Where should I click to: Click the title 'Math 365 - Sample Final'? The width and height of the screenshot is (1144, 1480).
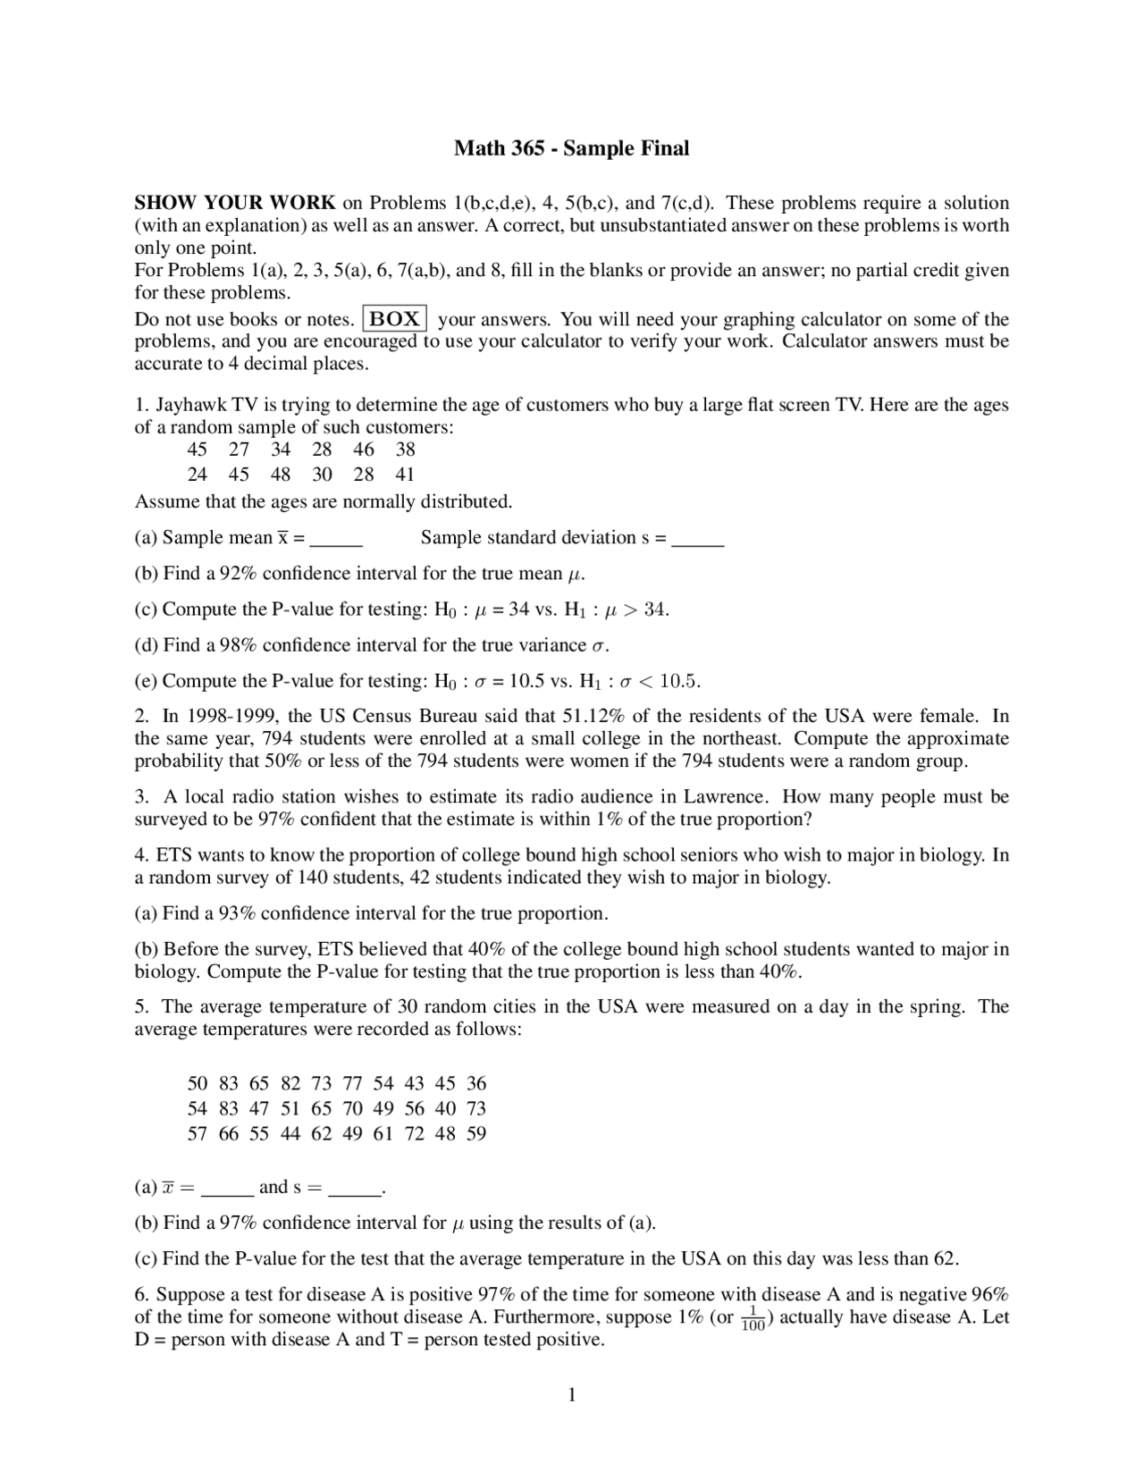[x=571, y=148]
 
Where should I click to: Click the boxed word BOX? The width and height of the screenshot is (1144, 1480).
[x=395, y=319]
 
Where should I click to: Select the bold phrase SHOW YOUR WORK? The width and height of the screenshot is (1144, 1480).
[x=235, y=203]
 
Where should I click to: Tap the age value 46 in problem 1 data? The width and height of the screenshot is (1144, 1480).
[x=364, y=450]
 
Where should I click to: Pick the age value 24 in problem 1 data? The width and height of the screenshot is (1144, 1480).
[x=198, y=475]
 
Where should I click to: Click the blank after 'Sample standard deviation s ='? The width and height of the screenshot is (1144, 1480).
[x=697, y=539]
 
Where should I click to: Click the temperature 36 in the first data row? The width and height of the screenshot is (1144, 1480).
[x=476, y=1084]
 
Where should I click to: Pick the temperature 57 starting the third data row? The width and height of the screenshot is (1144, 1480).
[x=198, y=1134]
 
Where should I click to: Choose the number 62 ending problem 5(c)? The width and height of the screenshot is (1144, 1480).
[x=944, y=1259]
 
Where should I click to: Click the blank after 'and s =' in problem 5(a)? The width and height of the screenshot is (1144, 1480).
[x=355, y=1190]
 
